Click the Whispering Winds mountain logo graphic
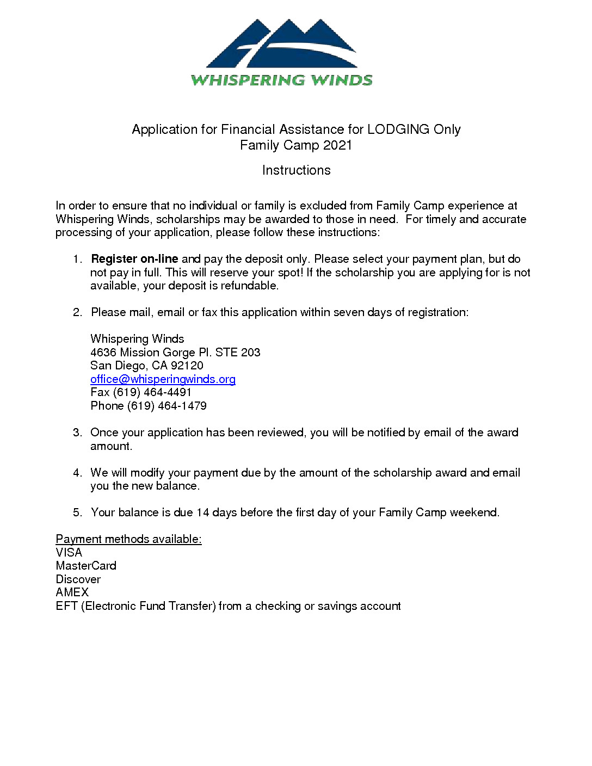pyautogui.click(x=281, y=44)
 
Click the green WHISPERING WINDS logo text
pyautogui.click(x=281, y=81)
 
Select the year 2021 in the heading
pyautogui.click(x=337, y=145)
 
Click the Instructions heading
pyautogui.click(x=296, y=170)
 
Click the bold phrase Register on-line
pyautogui.click(x=134, y=259)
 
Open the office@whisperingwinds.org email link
pyautogui.click(x=163, y=379)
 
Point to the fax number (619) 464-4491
pyautogui.click(x=152, y=392)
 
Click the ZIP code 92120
pyautogui.click(x=187, y=366)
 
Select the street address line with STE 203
pyautogui.click(x=175, y=353)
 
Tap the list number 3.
pyautogui.click(x=77, y=433)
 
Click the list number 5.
pyautogui.click(x=77, y=512)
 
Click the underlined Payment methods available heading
pyautogui.click(x=128, y=539)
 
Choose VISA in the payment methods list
pyautogui.click(x=69, y=553)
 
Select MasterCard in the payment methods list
pyautogui.click(x=86, y=566)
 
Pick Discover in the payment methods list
pyautogui.click(x=78, y=579)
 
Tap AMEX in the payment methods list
pyautogui.click(x=72, y=592)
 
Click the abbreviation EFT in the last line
pyautogui.click(x=66, y=606)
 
